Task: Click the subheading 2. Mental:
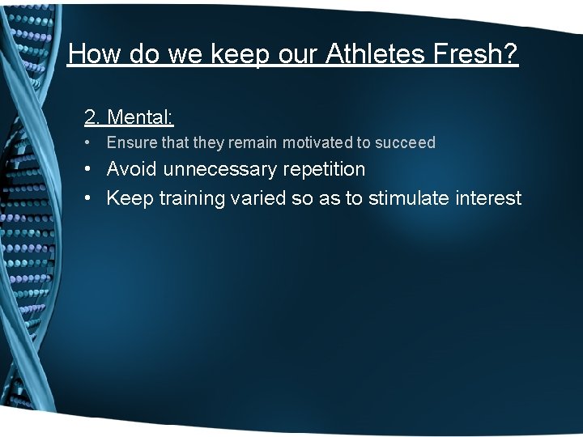(x=129, y=117)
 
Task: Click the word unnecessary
(x=222, y=169)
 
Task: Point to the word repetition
(x=325, y=170)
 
